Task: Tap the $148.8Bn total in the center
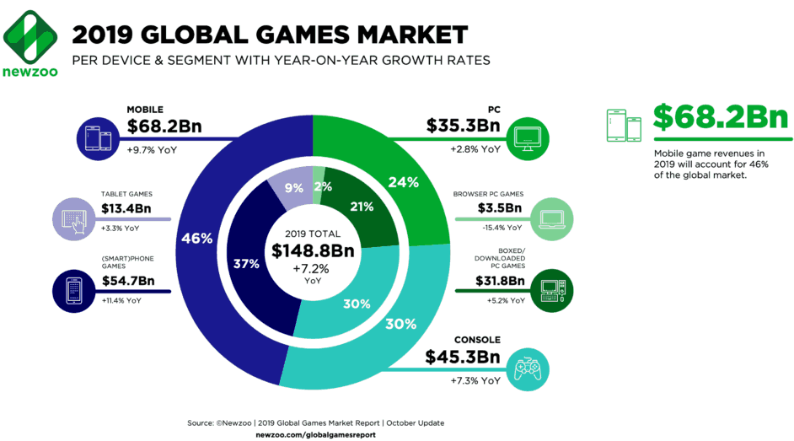pyautogui.click(x=312, y=250)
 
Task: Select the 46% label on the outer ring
pyautogui.click(x=196, y=239)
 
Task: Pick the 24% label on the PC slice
pyautogui.click(x=403, y=181)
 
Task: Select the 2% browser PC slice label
pyautogui.click(x=321, y=186)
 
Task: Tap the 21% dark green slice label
pyautogui.click(x=363, y=207)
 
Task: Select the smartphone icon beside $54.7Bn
pyautogui.click(x=72, y=288)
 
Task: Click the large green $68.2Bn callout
pyautogui.click(x=720, y=118)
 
